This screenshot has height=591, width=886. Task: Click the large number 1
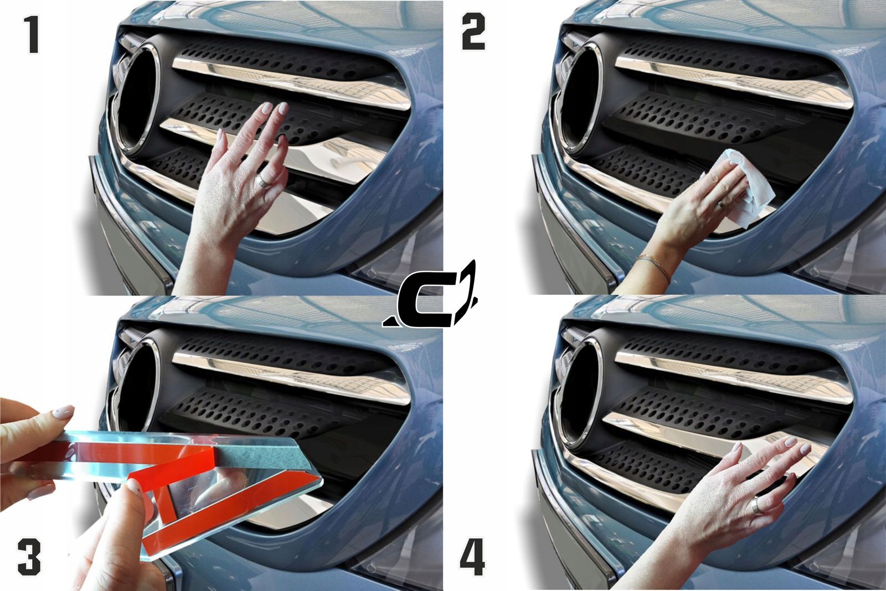[x=33, y=34]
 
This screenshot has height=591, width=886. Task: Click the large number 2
[x=473, y=32]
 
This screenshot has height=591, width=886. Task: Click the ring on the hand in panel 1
[x=264, y=180]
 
